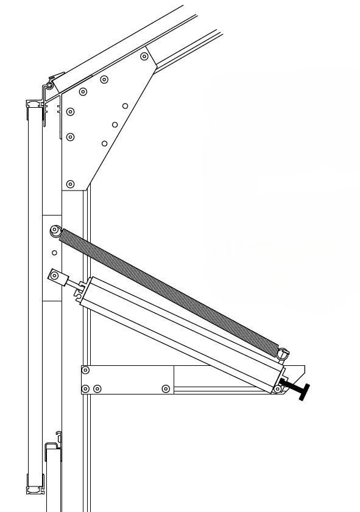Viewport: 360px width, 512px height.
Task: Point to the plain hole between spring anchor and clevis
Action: pos(54,253)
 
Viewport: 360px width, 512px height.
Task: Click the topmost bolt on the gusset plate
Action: pos(144,57)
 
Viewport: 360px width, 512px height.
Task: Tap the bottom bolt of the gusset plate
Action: pos(70,184)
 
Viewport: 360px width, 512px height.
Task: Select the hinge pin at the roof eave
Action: pos(49,86)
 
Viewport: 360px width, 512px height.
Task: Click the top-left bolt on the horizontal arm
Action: pos(85,370)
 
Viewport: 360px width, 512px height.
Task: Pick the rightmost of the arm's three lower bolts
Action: pos(166,388)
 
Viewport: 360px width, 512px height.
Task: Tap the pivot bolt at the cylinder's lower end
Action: pos(278,388)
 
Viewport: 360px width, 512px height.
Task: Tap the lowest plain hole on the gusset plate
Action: pos(105,144)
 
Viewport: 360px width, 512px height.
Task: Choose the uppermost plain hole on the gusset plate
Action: pos(125,106)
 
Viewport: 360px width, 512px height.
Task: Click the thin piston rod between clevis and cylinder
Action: pos(74,284)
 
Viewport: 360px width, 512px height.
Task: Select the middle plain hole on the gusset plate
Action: pos(115,125)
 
